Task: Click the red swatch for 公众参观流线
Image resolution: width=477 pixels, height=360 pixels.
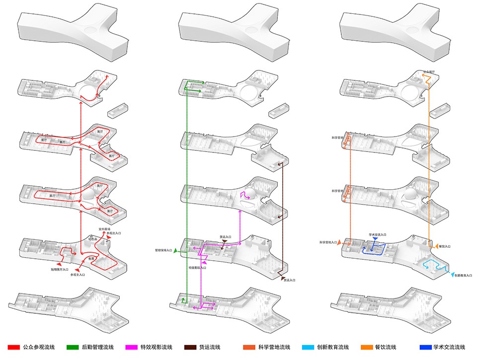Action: (13, 347)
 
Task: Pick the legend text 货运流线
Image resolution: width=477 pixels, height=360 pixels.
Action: (209, 347)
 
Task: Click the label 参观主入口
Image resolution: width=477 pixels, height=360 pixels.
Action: (78, 274)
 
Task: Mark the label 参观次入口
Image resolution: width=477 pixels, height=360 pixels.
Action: (114, 232)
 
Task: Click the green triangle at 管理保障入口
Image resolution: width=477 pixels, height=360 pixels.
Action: (175, 252)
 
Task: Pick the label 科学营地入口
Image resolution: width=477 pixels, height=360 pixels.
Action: (328, 242)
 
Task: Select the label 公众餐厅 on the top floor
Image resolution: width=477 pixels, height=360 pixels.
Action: (429, 72)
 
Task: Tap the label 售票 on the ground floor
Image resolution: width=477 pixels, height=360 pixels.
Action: (91, 258)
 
